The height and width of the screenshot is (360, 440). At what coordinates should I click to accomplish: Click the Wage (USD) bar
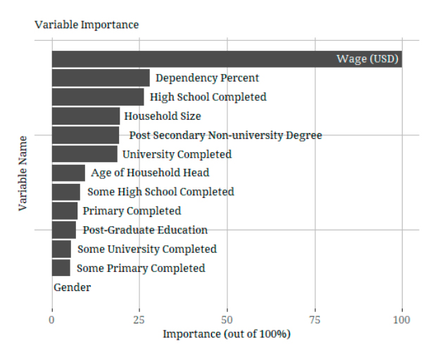point(225,59)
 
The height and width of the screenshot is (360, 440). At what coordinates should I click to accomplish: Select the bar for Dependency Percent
point(101,78)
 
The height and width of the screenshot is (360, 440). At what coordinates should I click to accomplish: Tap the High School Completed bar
point(98,97)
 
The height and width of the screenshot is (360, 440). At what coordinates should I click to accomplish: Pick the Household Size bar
point(86,116)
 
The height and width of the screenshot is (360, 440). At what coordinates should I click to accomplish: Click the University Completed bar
point(84,154)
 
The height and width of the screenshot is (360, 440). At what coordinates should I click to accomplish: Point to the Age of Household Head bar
point(68,173)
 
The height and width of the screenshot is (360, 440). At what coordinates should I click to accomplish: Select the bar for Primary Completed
point(65,211)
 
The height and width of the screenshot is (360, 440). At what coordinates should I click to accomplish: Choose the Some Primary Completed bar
point(61,268)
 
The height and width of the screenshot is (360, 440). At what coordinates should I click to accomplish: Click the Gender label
point(72,287)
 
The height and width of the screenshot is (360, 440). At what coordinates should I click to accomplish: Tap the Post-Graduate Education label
point(145,230)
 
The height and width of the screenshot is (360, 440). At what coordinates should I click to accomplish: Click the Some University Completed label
point(147,249)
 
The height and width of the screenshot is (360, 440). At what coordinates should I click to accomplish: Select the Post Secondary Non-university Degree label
point(225,135)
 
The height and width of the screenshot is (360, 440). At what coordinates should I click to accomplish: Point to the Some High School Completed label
point(161,192)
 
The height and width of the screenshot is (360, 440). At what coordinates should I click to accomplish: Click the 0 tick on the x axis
point(51,320)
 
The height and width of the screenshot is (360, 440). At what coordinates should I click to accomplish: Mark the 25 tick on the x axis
point(139,320)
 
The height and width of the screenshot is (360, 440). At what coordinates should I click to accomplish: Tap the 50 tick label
point(227,320)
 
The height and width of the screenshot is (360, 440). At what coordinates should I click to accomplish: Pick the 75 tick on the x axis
point(315,320)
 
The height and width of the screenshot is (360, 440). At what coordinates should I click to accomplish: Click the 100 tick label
point(402,320)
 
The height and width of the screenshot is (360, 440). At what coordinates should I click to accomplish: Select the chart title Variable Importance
point(87,25)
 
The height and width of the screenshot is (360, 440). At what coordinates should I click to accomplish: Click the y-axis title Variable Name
point(23,173)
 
